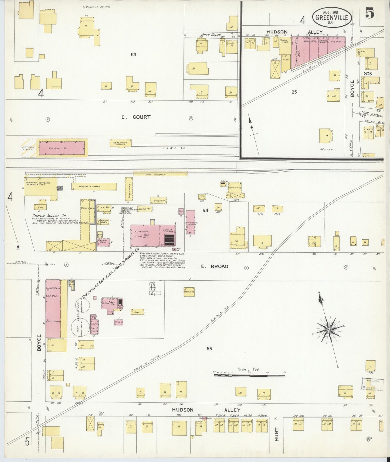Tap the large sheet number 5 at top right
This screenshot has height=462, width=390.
[370, 14]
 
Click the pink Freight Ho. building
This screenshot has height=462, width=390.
[62, 148]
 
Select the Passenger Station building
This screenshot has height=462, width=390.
[120, 143]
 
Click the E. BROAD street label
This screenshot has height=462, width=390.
[215, 266]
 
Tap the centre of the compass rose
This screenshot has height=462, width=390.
[328, 330]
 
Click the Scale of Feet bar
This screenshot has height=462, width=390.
[250, 375]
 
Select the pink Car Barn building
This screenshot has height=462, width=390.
[53, 309]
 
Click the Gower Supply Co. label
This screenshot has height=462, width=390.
[49, 216]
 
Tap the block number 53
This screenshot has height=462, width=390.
[133, 54]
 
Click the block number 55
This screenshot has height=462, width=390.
[209, 349]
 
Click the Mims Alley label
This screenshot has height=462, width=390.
[211, 35]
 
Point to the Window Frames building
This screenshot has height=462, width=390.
[94, 187]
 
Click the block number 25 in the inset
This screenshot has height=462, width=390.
[294, 92]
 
